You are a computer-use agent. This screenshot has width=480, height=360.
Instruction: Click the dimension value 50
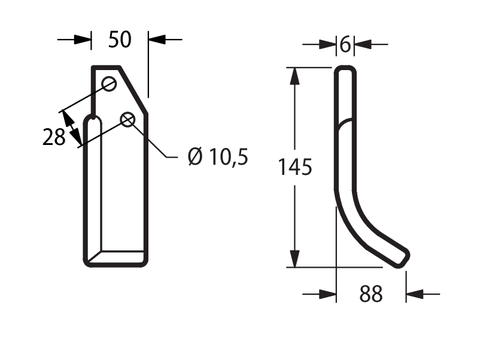coord(120,40)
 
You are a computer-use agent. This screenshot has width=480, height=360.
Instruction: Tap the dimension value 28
coord(54,137)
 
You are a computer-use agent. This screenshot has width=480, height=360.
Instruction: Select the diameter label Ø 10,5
coord(218,156)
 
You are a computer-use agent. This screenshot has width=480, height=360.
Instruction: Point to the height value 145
coord(295,167)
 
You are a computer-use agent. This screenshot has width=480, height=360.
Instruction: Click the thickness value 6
coord(345,44)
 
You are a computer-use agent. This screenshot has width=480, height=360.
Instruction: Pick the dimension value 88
coord(370,294)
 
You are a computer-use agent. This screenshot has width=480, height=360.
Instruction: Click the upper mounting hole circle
coord(109,84)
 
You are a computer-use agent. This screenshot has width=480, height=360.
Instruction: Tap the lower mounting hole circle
coord(127,120)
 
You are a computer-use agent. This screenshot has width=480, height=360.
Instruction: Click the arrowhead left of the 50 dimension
coord(83,40)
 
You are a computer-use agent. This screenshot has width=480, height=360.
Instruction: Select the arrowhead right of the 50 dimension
coord(157,40)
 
